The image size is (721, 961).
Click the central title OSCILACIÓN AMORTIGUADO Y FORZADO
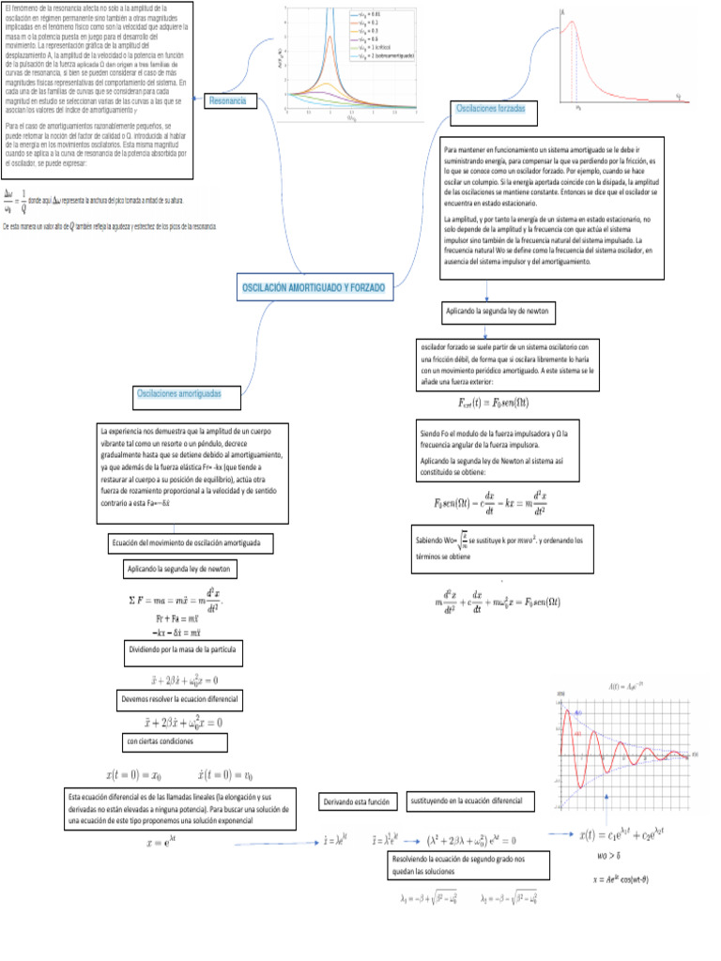(x=314, y=287)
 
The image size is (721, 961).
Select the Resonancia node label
(x=228, y=99)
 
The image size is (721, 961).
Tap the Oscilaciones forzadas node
(x=489, y=110)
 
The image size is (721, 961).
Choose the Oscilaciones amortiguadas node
(x=178, y=393)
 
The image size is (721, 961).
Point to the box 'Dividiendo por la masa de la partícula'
(x=185, y=649)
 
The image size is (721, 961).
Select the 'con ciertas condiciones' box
(x=175, y=742)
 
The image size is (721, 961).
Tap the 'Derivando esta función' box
(x=356, y=802)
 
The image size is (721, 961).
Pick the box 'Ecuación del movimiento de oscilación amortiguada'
(x=192, y=543)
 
